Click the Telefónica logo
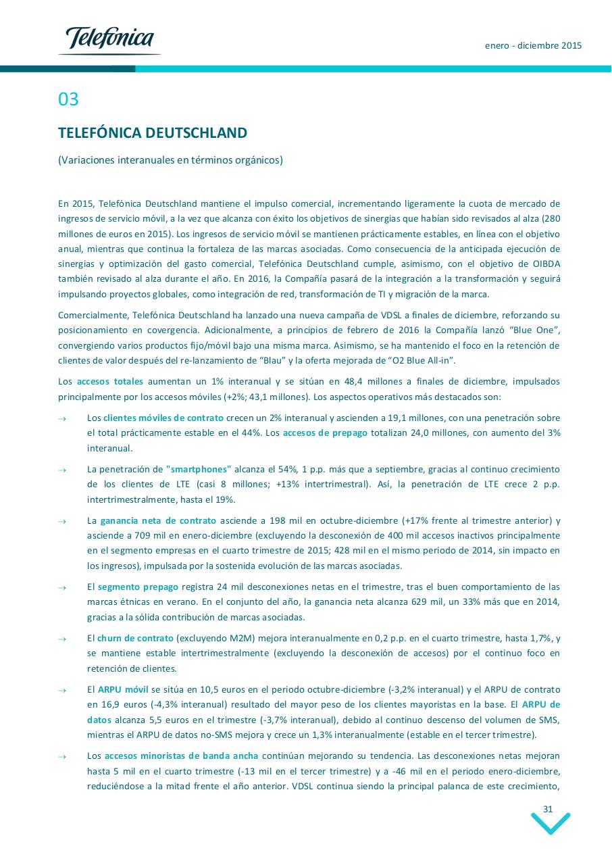(x=109, y=40)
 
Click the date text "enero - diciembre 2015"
(x=533, y=46)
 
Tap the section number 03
(x=68, y=99)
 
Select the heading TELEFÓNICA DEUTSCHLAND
(x=153, y=132)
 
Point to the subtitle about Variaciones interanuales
(x=170, y=160)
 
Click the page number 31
(x=548, y=809)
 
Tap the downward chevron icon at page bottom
(x=551, y=824)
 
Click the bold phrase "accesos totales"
(x=110, y=382)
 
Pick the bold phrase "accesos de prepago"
(x=325, y=433)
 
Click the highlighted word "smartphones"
(x=199, y=469)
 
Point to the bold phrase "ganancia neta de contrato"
(x=158, y=520)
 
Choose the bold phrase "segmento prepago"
(x=138, y=587)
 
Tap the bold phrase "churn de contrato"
(x=135, y=638)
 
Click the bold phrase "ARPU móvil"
(x=123, y=689)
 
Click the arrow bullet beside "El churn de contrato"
(x=62, y=639)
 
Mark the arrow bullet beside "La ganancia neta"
(x=62, y=521)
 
